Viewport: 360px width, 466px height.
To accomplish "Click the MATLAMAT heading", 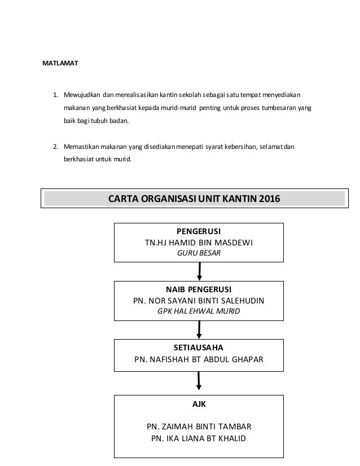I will [60, 63].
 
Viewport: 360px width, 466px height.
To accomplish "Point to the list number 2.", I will [55, 147].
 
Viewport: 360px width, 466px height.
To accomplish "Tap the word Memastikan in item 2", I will [80, 147].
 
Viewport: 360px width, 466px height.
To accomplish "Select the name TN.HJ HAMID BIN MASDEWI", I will [199, 243].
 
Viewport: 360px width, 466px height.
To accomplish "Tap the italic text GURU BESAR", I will [199, 253].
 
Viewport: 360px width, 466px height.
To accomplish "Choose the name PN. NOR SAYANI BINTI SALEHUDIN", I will [199, 300].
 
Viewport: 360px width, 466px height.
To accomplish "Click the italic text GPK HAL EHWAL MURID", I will [199, 311].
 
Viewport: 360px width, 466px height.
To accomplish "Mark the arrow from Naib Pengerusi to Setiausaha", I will [199, 329].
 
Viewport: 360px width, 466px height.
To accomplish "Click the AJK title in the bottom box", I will [199, 405].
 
